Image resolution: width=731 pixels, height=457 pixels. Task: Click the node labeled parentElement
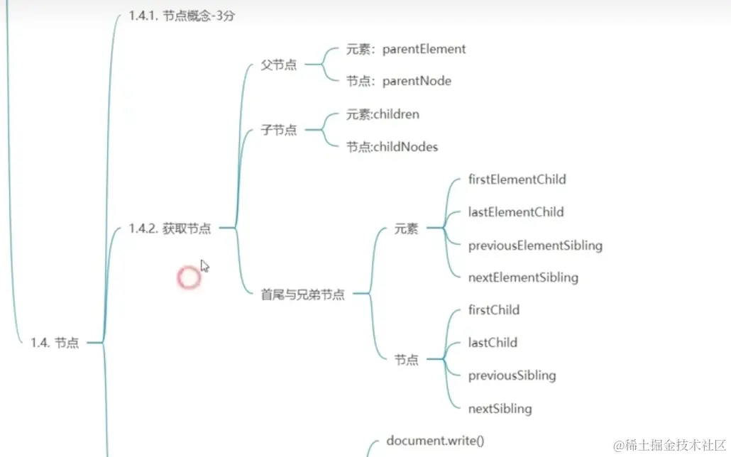pos(424,49)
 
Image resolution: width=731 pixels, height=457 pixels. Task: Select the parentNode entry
pos(417,81)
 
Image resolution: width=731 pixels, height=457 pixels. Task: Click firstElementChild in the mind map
pos(517,180)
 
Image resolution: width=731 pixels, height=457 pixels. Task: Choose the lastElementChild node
pos(516,212)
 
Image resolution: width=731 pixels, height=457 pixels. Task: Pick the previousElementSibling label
pos(535,246)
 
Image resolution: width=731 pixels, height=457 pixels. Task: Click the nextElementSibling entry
pos(523,277)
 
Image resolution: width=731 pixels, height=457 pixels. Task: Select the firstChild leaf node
pos(494,310)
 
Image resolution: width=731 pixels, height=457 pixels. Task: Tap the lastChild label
pos(493,343)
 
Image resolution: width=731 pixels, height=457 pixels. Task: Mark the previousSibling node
pos(512,375)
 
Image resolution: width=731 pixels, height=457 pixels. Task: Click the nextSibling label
pos(500,408)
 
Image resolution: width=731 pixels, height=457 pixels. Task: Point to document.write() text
pos(435,441)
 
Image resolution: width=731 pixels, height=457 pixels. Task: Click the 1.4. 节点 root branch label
pos(55,343)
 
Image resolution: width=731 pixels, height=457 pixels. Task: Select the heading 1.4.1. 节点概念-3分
pos(182,16)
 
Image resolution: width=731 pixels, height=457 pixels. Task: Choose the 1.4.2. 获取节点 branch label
pos(170,228)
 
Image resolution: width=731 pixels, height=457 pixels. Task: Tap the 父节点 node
pos(279,65)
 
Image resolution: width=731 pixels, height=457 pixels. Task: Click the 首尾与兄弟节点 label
pos(303,294)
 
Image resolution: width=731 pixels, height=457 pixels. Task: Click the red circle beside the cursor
pos(189,277)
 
